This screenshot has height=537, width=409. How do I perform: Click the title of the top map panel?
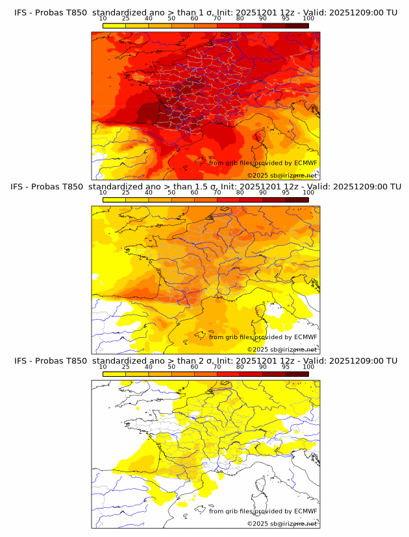pyautogui.click(x=205, y=12)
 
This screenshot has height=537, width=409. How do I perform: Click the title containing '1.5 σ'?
pyautogui.click(x=205, y=187)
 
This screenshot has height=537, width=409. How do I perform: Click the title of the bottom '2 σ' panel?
pyautogui.click(x=205, y=361)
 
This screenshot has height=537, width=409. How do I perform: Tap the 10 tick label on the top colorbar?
pyautogui.click(x=103, y=19)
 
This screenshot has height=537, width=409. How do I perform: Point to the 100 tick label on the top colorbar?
pyautogui.click(x=308, y=19)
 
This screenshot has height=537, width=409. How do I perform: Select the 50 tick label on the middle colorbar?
pyautogui.click(x=171, y=193)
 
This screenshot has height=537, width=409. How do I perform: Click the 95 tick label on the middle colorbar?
pyautogui.click(x=286, y=193)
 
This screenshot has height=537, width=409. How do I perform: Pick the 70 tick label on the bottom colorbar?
pyautogui.click(x=217, y=367)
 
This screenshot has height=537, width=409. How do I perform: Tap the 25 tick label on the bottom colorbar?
pyautogui.click(x=126, y=367)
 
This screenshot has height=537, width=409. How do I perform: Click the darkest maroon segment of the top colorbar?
pyautogui.click(x=297, y=25)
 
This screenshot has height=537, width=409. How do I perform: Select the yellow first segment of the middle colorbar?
pyautogui.click(x=114, y=200)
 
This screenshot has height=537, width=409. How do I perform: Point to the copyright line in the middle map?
pyautogui.click(x=282, y=349)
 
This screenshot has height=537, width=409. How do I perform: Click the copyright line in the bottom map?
pyautogui.click(x=282, y=523)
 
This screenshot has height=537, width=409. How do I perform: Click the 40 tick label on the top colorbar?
pyautogui.click(x=149, y=19)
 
